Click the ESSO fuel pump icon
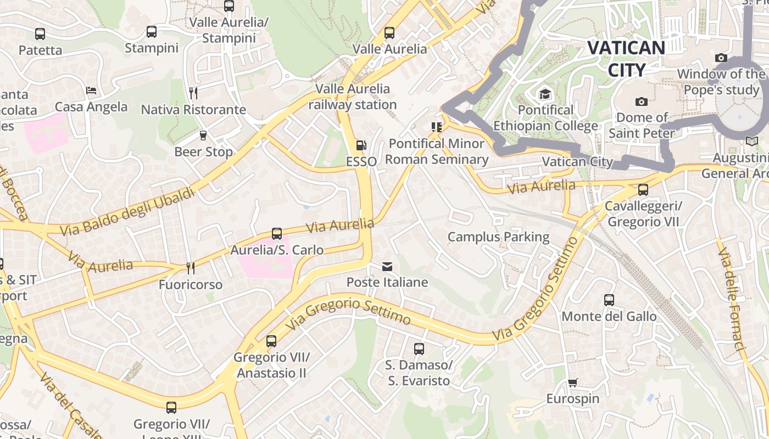[361, 145]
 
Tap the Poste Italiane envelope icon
[387, 267]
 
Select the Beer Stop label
[203, 152]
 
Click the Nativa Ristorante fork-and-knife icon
[193, 93]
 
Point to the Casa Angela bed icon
[91, 90]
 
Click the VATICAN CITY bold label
[626, 59]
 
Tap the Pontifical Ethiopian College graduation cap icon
[545, 94]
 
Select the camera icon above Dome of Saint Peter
[641, 102]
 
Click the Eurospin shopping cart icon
[573, 382]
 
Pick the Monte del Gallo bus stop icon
[609, 300]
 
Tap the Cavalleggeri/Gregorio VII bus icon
[643, 190]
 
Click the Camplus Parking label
[498, 237]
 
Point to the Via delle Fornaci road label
[731, 299]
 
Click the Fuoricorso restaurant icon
[190, 268]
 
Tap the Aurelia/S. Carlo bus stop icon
[277, 234]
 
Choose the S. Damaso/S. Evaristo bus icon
[419, 348]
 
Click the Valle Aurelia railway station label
[352, 97]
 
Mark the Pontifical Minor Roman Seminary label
[437, 151]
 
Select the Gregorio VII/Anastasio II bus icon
[271, 341]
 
